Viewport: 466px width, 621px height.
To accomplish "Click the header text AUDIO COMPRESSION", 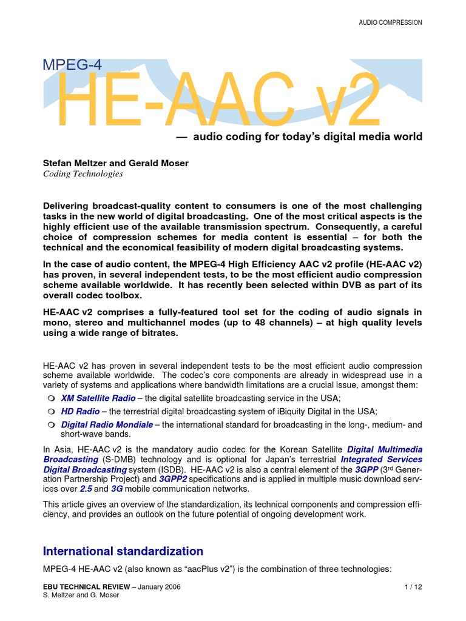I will click(x=390, y=22).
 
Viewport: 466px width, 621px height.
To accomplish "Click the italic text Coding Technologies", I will click(x=83, y=173).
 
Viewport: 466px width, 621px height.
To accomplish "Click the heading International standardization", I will click(x=123, y=551).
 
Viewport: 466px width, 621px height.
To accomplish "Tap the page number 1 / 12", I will click(x=413, y=587).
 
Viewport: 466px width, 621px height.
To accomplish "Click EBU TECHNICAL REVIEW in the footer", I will click(x=85, y=587).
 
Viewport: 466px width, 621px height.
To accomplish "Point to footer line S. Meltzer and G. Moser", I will click(x=81, y=596).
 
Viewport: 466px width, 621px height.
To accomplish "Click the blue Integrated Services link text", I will click(x=382, y=459).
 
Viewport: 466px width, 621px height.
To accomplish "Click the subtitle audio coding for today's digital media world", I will click(x=307, y=137).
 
